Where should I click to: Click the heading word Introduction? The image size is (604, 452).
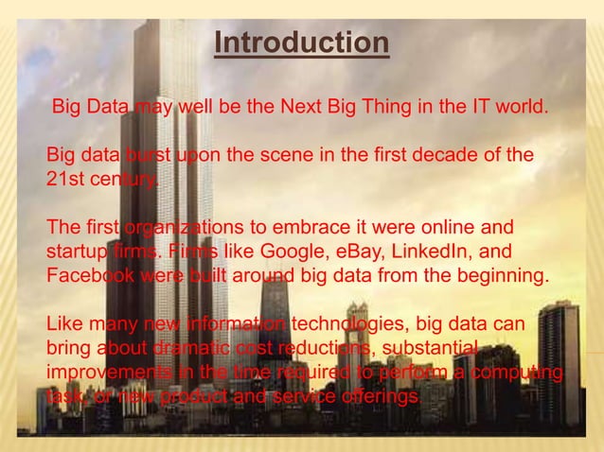(x=301, y=43)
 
